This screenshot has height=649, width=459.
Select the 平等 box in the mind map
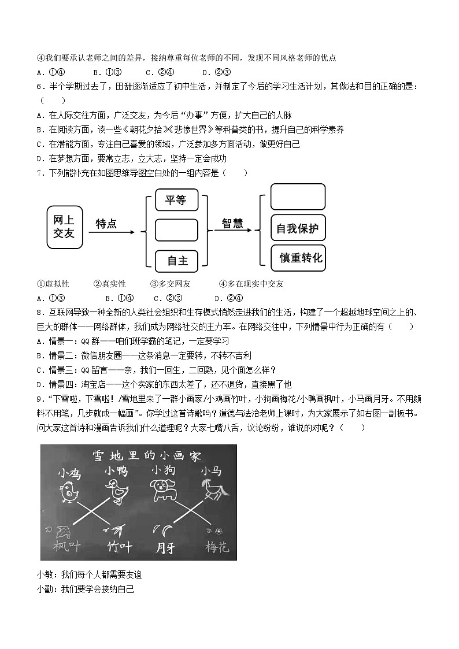pos(176,201)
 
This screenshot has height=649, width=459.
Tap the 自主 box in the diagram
pos(176,261)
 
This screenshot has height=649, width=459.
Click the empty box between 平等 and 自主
pos(176,230)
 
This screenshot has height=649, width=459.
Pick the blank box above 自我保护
pos(298,196)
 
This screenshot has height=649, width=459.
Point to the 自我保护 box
pos(298,228)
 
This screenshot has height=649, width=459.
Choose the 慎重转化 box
pos(298,258)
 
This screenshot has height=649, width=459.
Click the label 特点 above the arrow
pos(106,224)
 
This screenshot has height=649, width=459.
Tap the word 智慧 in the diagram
pos(232,224)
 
